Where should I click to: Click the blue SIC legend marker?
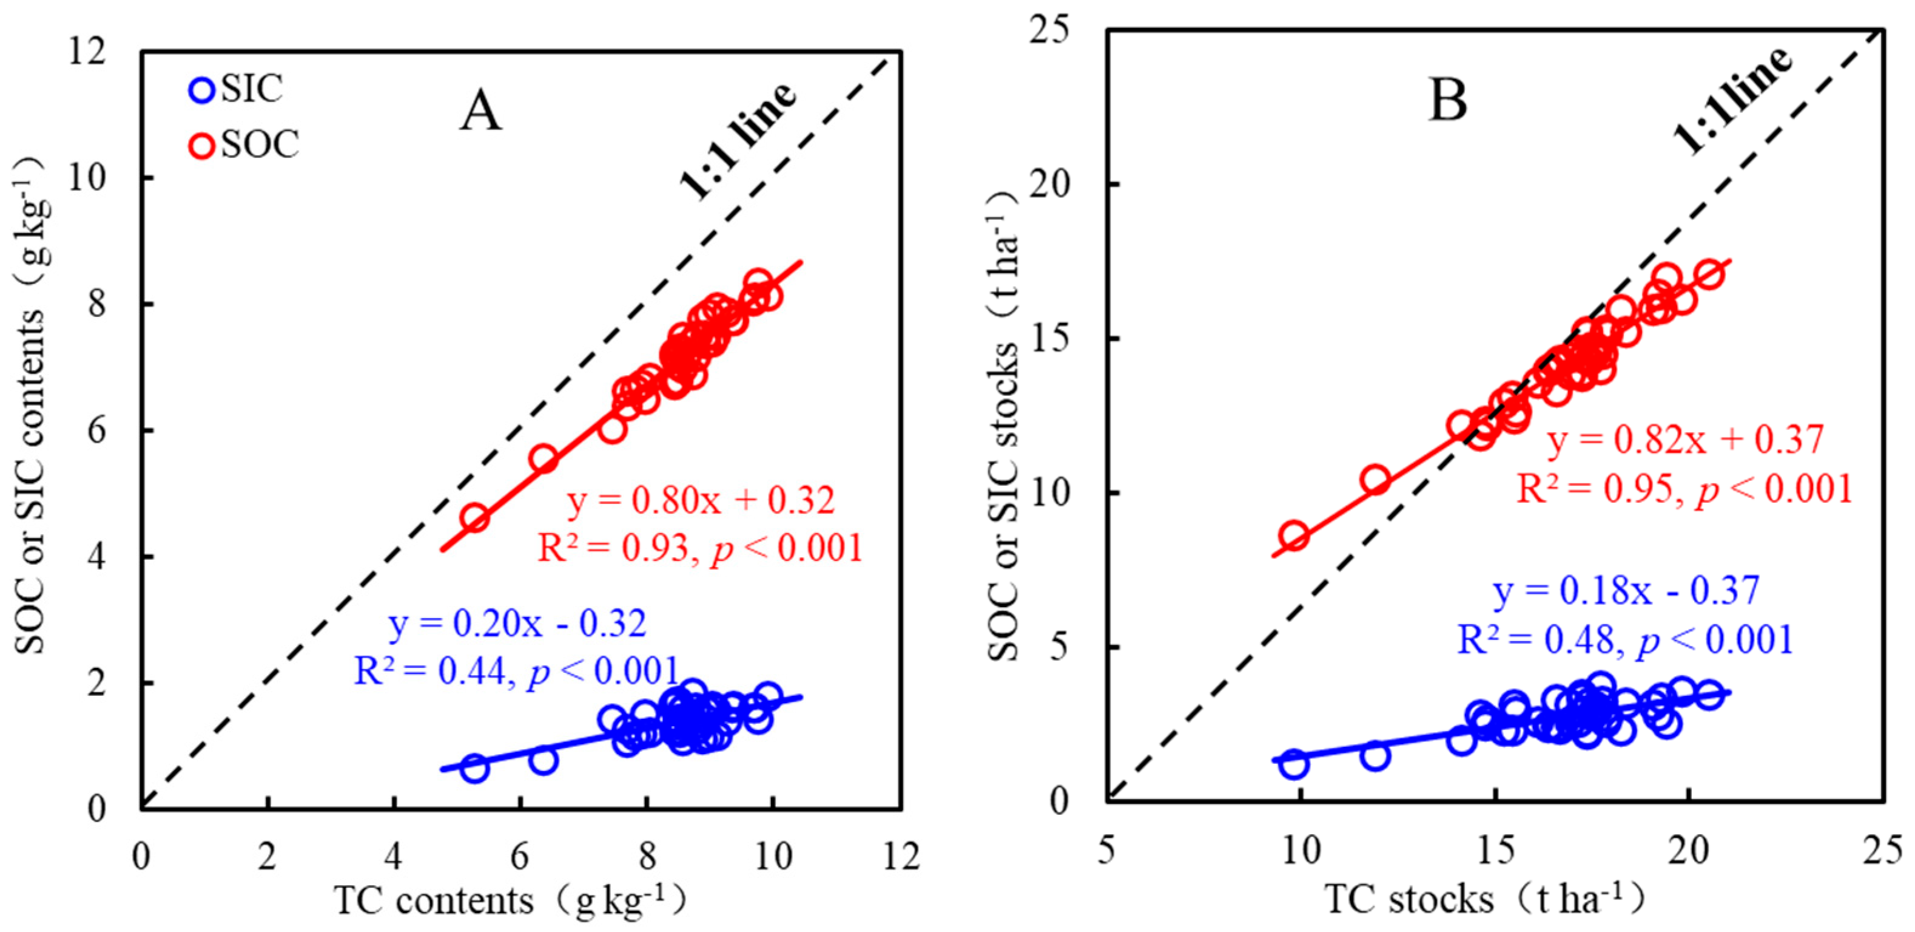tap(201, 90)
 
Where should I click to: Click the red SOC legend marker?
tap(201, 145)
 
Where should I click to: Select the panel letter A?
tap(480, 113)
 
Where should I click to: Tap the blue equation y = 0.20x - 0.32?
tap(517, 624)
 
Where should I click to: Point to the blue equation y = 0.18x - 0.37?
tap(1626, 591)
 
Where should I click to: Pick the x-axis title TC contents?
tap(508, 901)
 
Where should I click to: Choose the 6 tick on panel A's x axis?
tap(520, 857)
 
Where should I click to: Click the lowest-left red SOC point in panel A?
tap(475, 518)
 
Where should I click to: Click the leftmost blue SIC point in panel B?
tap(1294, 764)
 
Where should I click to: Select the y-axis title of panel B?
tap(1003, 424)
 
